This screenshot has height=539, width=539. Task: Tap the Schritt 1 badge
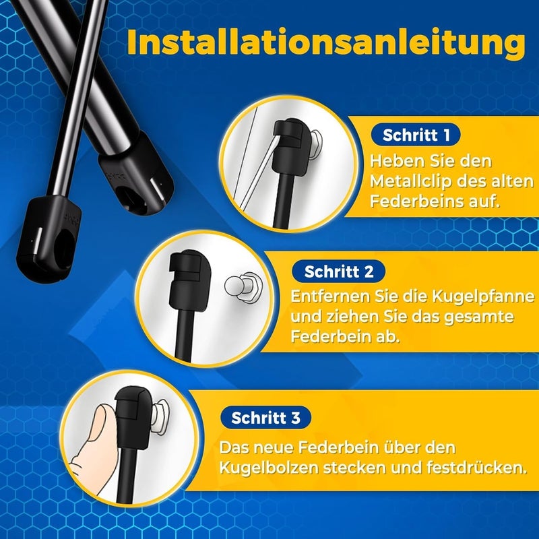pyautogui.click(x=416, y=135)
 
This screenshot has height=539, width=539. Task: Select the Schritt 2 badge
pyautogui.click(x=339, y=272)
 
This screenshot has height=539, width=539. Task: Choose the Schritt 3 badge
pyautogui.click(x=265, y=418)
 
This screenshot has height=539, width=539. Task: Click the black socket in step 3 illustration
pyautogui.click(x=133, y=418)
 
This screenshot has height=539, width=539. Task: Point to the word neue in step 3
pyautogui.click(x=274, y=448)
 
